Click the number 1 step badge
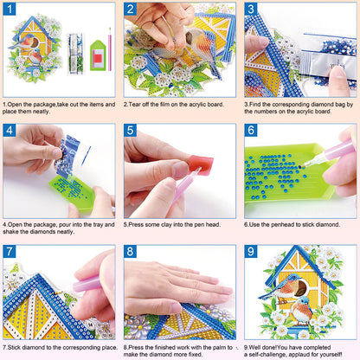tap(10, 10)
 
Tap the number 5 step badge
tap(130, 131)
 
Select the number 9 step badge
tap(251, 252)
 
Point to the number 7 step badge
tap(10, 252)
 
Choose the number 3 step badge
tap(251, 10)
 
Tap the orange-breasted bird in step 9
tap(303, 312)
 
